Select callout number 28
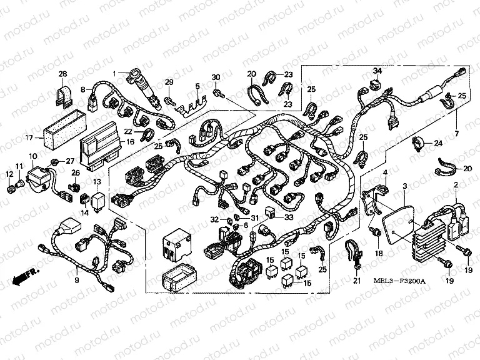[x=62, y=75]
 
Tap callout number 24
[x=437, y=143]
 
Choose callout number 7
[x=461, y=134]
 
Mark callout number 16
[x=131, y=142]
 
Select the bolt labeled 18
[x=377, y=235]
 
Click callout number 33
[x=289, y=217]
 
